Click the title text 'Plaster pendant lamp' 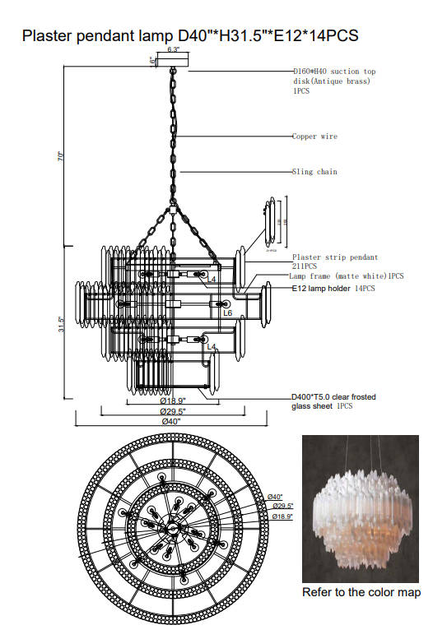pyautogui.click(x=98, y=36)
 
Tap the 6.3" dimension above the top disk pyautogui.click(x=173, y=50)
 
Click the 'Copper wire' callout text pyautogui.click(x=314, y=137)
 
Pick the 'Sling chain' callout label pyautogui.click(x=314, y=172)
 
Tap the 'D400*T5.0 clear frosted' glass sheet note pyautogui.click(x=334, y=396)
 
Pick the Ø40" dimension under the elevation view pyautogui.click(x=171, y=421)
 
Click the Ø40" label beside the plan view pyautogui.click(x=274, y=497)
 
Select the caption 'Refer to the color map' pyautogui.click(x=361, y=592)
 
